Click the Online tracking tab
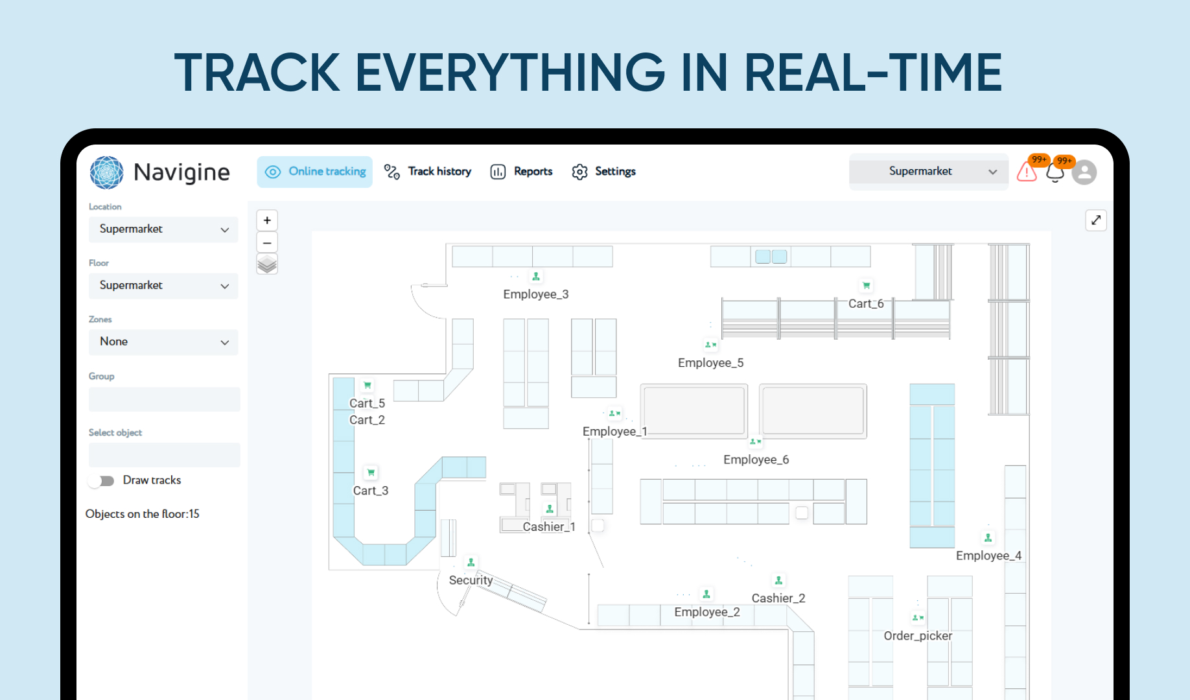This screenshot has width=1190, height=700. click(315, 172)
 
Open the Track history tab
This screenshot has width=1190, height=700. click(428, 172)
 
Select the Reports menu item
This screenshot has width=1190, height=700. click(522, 172)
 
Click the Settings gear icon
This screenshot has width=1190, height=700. click(579, 172)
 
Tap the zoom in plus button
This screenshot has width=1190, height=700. click(267, 220)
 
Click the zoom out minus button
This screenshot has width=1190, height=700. click(267, 242)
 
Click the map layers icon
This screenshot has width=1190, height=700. click(267, 264)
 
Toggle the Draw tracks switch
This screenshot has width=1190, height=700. click(103, 480)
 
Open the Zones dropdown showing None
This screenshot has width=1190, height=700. click(163, 342)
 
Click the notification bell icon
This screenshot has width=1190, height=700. click(1055, 173)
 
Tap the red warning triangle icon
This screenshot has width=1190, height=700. click(1027, 172)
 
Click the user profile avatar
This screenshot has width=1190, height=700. click(1084, 172)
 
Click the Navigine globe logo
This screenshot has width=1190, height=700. click(106, 172)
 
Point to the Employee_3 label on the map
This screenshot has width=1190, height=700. click(535, 294)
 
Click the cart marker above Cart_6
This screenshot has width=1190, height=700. click(867, 285)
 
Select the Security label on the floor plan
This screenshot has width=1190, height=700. click(471, 580)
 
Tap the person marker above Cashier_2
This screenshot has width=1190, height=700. click(778, 581)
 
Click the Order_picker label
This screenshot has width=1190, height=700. click(918, 636)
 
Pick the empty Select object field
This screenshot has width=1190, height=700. click(164, 455)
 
